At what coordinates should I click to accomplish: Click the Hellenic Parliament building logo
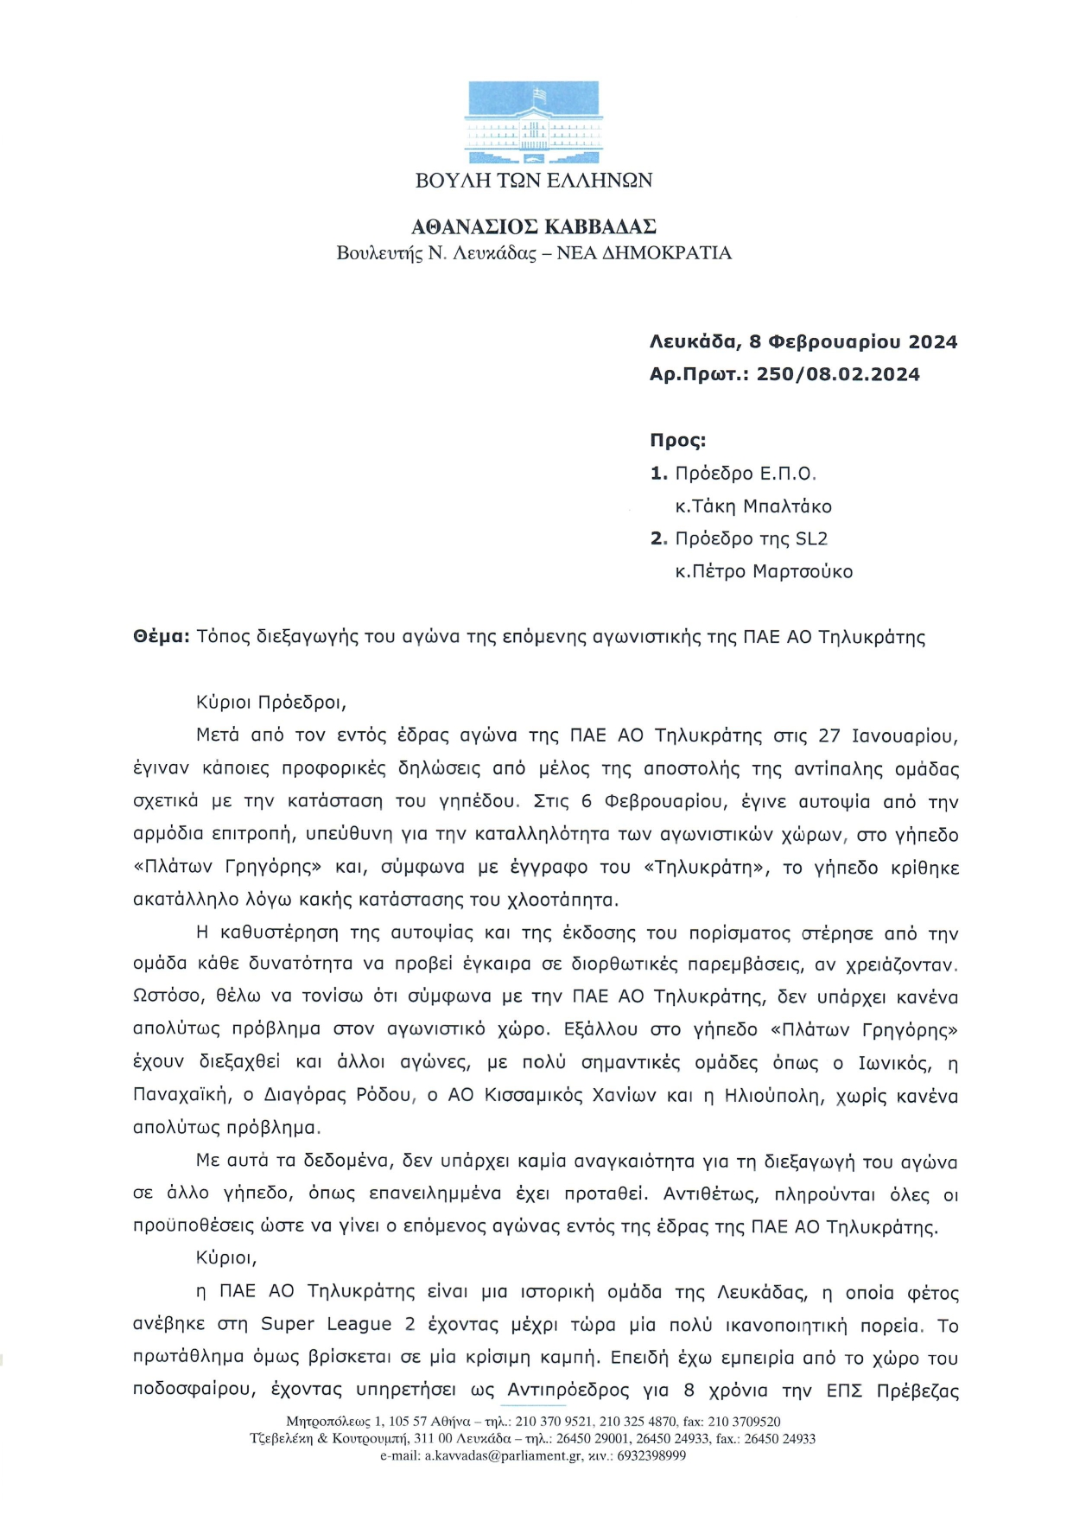click(x=533, y=122)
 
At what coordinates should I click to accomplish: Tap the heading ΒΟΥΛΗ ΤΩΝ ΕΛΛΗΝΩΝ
click(x=534, y=181)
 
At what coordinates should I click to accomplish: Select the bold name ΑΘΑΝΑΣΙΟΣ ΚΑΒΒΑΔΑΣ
click(x=534, y=227)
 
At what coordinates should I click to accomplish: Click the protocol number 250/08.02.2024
click(x=838, y=374)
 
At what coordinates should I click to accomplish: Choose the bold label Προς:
click(x=678, y=440)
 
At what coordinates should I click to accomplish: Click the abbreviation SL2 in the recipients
click(x=811, y=538)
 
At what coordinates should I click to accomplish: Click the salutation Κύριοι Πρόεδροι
click(x=270, y=702)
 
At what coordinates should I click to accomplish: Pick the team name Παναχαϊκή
click(x=181, y=1095)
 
